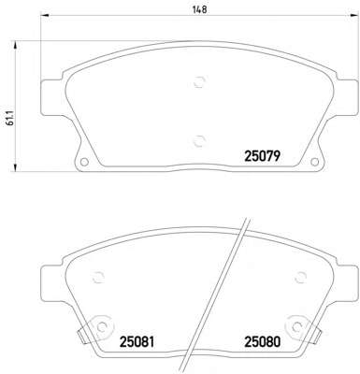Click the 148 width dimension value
[199, 9]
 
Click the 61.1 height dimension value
[10, 118]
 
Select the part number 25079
[263, 156]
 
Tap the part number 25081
[137, 342]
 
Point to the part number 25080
[263, 342]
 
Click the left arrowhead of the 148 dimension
[45, 15]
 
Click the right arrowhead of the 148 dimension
[353, 15]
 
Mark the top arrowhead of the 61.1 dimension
[14, 45]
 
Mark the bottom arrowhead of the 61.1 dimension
[14, 167]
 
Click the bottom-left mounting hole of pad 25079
[84, 162]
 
